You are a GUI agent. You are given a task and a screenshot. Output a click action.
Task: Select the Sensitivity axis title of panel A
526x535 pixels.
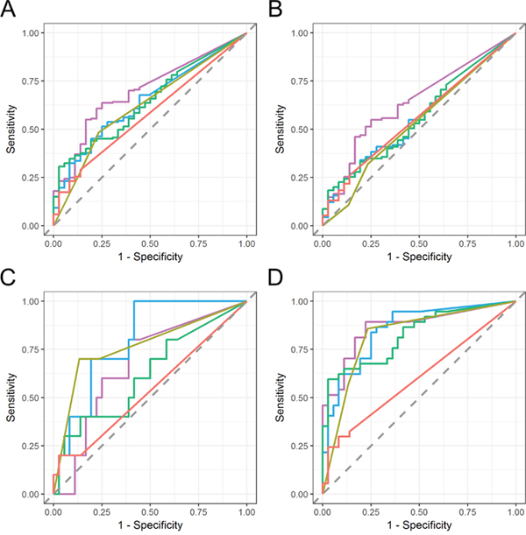coord(11,129)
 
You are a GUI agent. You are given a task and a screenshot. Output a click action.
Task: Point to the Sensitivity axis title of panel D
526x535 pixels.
coord(280,398)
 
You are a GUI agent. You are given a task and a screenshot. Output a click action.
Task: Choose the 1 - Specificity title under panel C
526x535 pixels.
coord(149,525)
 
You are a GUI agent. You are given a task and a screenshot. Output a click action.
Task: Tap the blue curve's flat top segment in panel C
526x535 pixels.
coord(188,301)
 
